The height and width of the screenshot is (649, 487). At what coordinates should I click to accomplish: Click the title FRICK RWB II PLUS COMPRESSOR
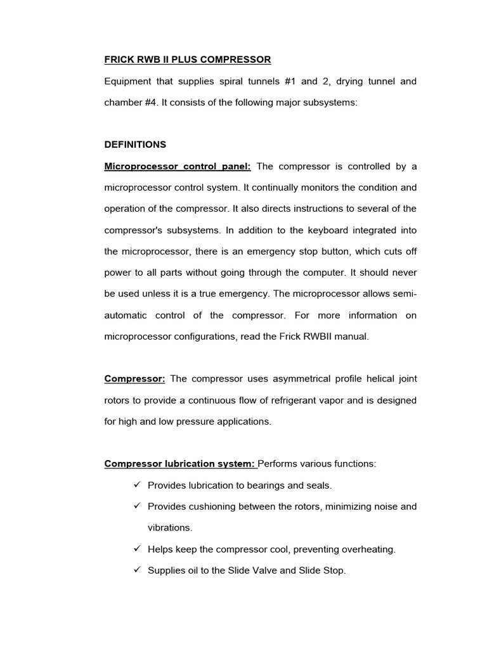coord(187,60)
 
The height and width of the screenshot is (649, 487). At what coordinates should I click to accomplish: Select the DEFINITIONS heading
coord(135,145)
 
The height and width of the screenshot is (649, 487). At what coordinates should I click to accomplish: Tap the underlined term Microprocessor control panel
coord(178,166)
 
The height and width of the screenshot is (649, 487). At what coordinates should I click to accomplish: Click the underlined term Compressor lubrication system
coord(180,464)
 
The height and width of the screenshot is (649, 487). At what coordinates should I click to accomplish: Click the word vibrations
coord(169,528)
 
